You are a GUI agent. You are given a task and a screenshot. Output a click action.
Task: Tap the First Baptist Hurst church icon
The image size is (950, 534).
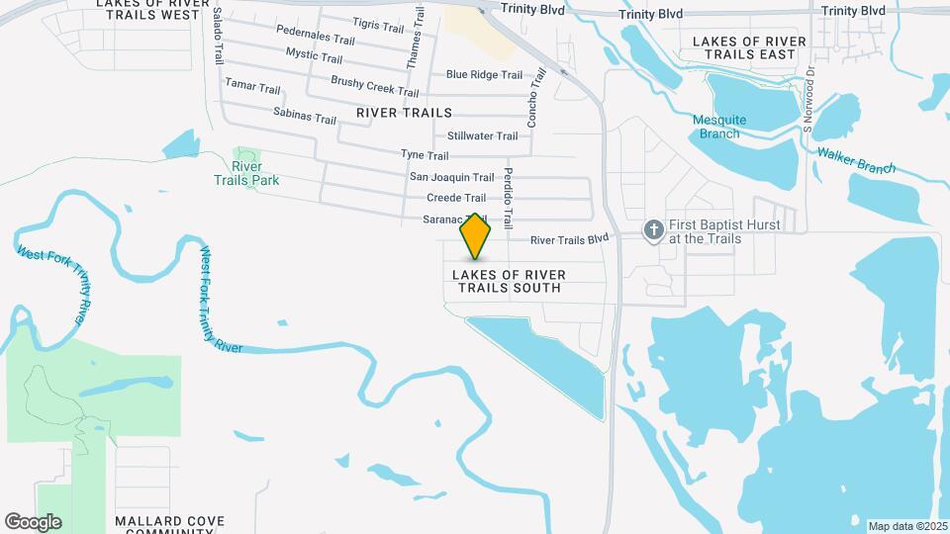point(653,231)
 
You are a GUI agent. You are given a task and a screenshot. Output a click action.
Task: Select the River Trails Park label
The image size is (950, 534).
point(247,173)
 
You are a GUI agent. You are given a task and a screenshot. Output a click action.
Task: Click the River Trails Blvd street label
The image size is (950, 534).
point(569,239)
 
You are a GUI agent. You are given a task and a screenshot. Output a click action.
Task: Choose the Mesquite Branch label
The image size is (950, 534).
point(719,127)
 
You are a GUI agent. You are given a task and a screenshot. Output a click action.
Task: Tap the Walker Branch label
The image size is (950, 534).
point(855,160)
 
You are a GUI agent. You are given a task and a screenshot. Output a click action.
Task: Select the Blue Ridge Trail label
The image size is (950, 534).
point(484,75)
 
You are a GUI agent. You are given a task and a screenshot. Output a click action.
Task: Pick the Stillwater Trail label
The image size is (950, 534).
point(482,135)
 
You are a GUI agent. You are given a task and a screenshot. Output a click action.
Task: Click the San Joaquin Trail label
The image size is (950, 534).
point(451,177)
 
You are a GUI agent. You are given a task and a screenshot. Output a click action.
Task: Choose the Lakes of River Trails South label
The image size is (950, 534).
point(509,281)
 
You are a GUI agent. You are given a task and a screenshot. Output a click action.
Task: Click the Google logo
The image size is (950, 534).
point(33,522)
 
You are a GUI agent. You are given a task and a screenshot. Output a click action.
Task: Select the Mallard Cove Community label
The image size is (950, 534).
point(169,525)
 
